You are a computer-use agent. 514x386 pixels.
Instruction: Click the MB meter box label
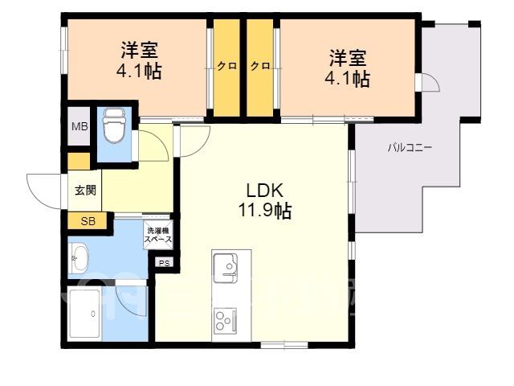80,126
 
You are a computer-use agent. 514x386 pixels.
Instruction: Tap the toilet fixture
114,125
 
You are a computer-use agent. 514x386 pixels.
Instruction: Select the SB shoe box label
88,221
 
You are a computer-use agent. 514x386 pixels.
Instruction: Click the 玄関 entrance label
85,190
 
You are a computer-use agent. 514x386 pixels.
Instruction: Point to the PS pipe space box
164,263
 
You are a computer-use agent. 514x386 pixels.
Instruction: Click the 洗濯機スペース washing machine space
158,235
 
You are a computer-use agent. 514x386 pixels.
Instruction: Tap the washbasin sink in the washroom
79,258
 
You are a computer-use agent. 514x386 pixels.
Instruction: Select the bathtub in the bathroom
84,315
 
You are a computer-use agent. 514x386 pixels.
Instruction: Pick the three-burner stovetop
225,319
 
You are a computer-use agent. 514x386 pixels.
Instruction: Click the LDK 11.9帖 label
264,200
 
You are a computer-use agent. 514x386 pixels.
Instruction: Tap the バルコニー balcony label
410,148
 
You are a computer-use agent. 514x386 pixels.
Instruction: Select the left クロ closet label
226,66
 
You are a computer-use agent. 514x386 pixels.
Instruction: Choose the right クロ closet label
260,66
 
